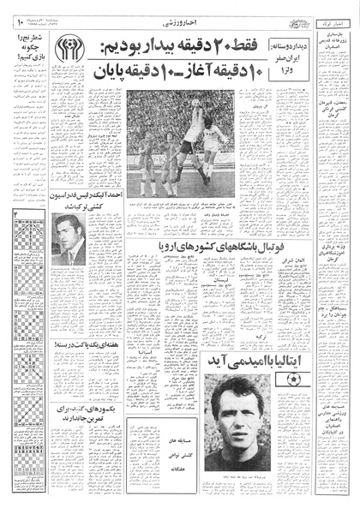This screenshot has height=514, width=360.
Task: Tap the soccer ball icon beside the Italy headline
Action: [293, 379]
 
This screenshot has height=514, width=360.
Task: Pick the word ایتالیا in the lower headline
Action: [252, 379]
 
